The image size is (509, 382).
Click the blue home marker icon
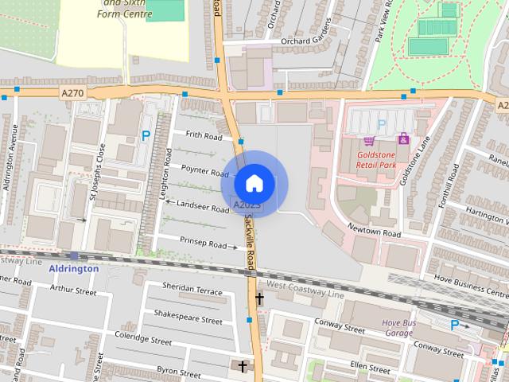click(254, 184)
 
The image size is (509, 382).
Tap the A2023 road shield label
click(247, 206)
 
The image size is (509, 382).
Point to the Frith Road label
click(204, 136)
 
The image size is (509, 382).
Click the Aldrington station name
click(74, 269)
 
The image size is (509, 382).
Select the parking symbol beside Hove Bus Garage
click(454, 325)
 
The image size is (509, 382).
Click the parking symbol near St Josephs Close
click(146, 136)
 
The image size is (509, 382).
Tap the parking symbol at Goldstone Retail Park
click(381, 124)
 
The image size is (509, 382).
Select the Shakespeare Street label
click(188, 320)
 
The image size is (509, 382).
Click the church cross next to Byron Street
click(243, 366)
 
